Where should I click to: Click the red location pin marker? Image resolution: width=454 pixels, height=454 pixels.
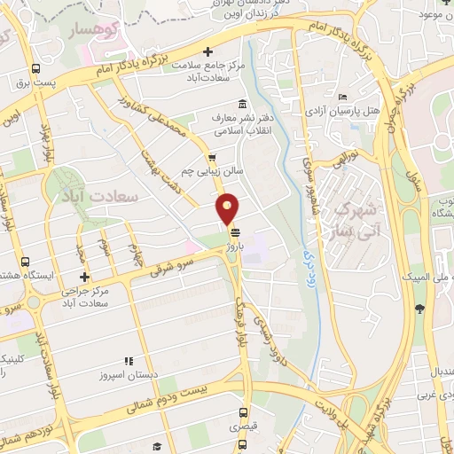pos(228,208)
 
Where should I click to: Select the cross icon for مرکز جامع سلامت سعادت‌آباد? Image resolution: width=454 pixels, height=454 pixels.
pos(208,51)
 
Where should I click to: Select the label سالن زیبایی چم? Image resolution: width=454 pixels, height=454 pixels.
pos(189,171)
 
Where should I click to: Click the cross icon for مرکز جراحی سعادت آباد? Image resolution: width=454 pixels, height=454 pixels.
pos(85,278)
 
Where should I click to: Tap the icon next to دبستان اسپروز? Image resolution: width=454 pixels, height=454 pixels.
pos(129,362)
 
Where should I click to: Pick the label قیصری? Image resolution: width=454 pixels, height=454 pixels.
pos(243,427)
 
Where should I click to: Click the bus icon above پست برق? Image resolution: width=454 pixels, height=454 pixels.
pos(35,69)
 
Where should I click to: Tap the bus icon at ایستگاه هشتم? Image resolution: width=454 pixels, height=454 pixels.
pos(25,262)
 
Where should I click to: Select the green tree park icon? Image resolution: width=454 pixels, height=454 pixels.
pos(419,309)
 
